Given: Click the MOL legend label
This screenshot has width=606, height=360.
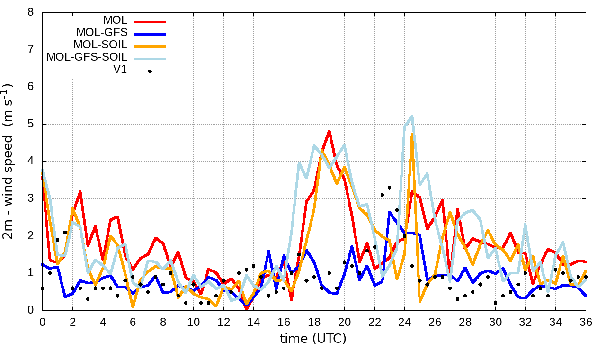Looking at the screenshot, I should click(x=115, y=20).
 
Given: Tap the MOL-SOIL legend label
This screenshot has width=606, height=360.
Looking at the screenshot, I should click(x=100, y=45).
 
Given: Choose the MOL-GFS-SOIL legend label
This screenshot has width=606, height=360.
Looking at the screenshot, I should click(x=87, y=57).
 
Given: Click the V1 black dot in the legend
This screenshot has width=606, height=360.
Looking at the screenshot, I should click(x=150, y=71).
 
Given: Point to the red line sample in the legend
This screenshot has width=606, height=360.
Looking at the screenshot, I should click(x=150, y=21).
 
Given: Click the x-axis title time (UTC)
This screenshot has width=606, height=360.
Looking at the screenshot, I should click(x=313, y=339).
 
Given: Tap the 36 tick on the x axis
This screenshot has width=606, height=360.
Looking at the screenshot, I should click(x=586, y=322).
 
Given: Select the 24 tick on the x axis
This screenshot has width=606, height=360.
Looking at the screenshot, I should click(x=405, y=322).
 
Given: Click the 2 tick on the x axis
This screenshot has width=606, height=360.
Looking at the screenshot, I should click(x=72, y=322).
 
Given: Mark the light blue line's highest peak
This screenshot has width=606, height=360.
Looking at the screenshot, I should click(x=412, y=116).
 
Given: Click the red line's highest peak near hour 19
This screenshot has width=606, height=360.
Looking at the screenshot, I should click(x=329, y=131).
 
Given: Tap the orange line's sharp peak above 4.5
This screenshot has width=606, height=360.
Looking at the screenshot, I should click(x=412, y=134).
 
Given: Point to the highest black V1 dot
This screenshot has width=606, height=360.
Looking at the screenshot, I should click(x=390, y=188).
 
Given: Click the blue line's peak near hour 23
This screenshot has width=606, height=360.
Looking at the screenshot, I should click(x=390, y=212).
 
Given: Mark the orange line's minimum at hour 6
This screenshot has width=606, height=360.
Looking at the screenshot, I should click(x=133, y=306).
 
